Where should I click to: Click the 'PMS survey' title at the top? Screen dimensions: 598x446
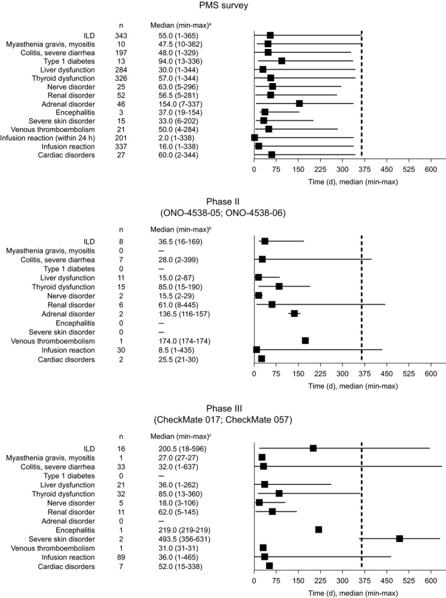(x=223, y=6)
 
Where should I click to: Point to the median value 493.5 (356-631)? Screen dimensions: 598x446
(x=183, y=521)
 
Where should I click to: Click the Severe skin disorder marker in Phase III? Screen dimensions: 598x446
(x=399, y=521)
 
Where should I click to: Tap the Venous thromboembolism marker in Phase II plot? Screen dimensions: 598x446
(x=305, y=340)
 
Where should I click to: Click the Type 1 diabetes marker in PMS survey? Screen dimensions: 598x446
(x=282, y=61)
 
